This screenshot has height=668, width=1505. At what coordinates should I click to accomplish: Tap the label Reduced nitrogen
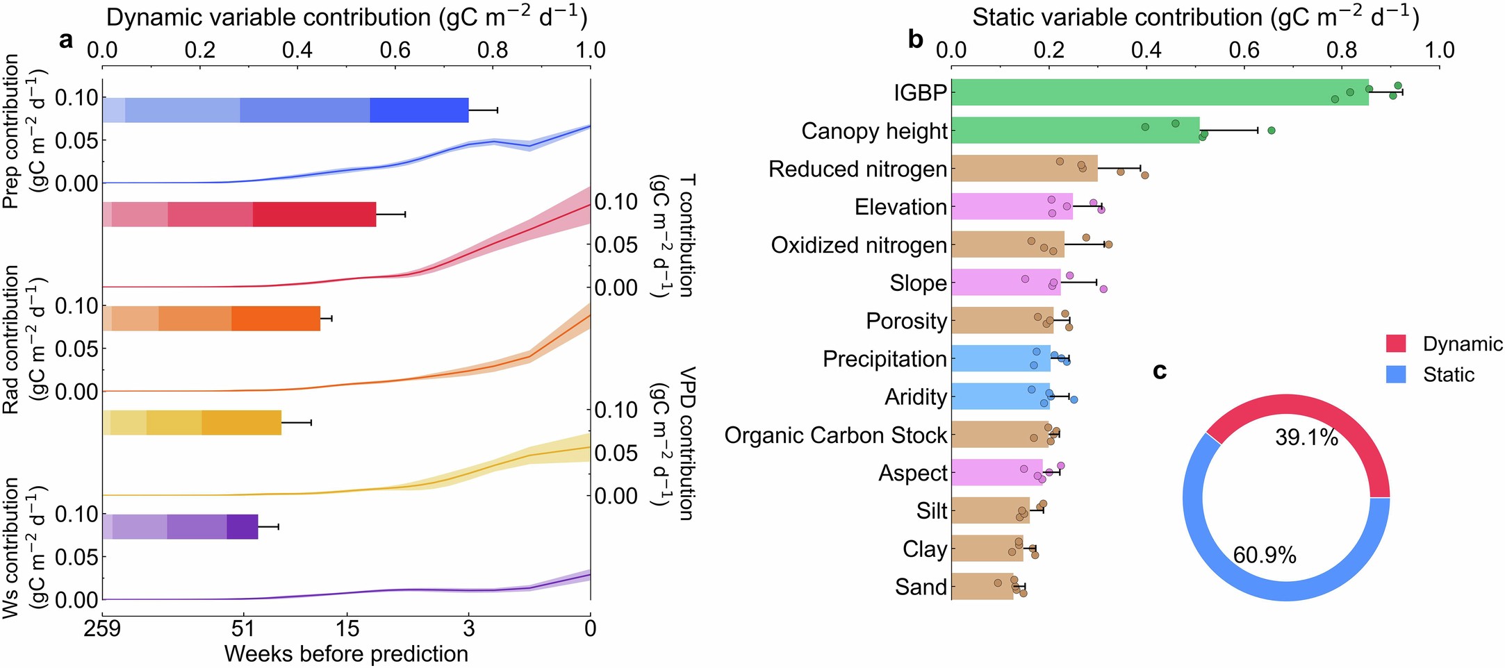pos(857,169)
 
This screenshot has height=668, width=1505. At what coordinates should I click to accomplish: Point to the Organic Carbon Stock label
pos(835,435)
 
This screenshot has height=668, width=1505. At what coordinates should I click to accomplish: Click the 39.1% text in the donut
pos(1306,437)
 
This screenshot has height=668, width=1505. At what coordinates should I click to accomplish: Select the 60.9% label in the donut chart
pos(1265,556)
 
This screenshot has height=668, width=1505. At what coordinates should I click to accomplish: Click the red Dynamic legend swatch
pos(1396,344)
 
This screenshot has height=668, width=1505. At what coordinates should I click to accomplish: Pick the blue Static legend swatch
pos(1396,374)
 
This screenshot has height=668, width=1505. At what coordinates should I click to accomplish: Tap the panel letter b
pos(915,40)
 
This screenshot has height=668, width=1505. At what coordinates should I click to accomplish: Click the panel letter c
pos(1159,371)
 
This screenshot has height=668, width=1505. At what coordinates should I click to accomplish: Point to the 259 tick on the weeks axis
pos(103,628)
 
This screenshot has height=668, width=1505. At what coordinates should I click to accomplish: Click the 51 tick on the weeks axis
pos(242,628)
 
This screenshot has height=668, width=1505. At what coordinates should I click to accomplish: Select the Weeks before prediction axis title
pos(346,654)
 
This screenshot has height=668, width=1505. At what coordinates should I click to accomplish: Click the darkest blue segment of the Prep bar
pos(419,110)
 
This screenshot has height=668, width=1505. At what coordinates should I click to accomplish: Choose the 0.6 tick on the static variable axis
pos(1244,50)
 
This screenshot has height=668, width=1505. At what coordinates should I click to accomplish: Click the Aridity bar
pos(1001,396)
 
